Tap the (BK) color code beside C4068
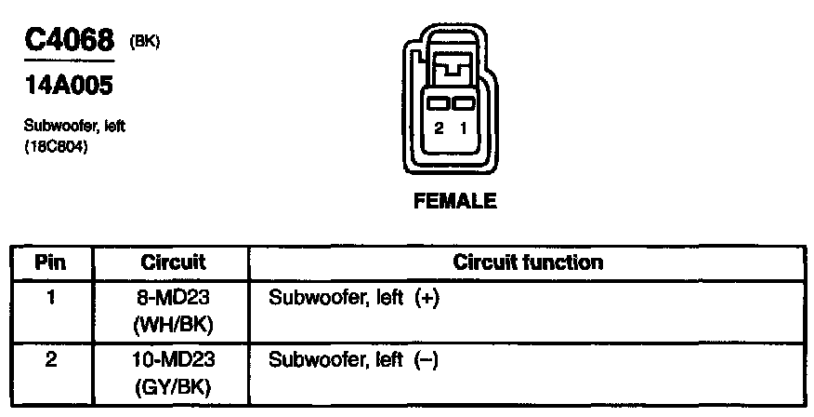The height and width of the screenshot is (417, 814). (146, 40)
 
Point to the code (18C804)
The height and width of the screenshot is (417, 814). (57, 146)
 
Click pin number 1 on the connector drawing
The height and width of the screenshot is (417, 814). (463, 128)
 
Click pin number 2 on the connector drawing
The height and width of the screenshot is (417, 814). (439, 128)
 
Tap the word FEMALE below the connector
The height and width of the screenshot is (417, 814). (455, 201)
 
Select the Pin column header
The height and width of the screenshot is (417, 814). (50, 262)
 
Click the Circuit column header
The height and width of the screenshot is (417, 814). (173, 262)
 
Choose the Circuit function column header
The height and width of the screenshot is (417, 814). (528, 262)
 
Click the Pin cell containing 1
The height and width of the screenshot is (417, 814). (50, 300)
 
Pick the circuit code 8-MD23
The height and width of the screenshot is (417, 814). (173, 300)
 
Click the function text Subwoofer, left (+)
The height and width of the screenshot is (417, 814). (352, 300)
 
